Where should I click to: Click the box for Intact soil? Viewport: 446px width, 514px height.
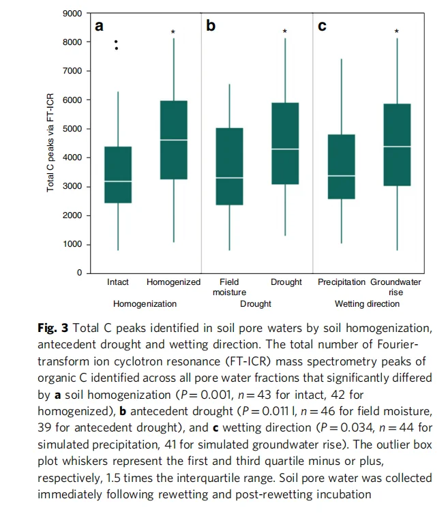118,175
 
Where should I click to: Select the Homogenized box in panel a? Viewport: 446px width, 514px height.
173,140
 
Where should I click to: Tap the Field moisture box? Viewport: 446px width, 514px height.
229,166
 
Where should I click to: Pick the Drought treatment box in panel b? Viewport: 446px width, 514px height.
285,143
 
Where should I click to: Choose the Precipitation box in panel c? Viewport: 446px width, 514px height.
341,166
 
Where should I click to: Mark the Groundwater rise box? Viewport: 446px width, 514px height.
396,145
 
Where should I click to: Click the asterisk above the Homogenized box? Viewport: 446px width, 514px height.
173,32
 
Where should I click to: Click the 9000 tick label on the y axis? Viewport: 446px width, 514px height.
73,14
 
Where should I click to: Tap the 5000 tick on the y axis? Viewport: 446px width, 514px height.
73,129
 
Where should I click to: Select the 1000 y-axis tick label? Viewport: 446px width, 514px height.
73,244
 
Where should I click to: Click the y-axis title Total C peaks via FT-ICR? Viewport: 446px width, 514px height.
50,143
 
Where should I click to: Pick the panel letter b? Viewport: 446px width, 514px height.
211,27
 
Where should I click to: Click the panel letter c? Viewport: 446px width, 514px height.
322,27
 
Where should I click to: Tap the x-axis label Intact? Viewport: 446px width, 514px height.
118,282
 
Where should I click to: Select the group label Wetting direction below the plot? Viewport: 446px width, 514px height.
367,303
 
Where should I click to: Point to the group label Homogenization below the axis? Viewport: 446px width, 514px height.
145,303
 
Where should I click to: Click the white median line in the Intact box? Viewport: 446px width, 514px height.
118,181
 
